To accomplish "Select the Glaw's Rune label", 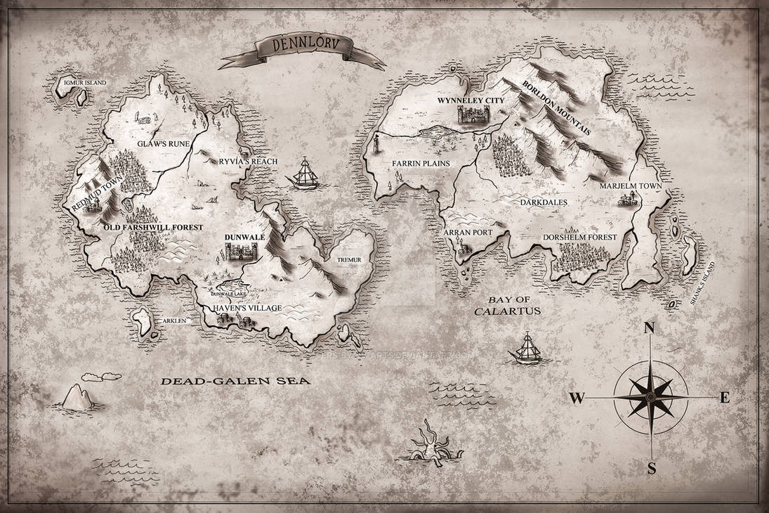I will tap(158, 143).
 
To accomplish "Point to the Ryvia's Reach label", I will tap(248, 162).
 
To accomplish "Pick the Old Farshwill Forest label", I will tap(153, 228).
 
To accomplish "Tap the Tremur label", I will tap(349, 260).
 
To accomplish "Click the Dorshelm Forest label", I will tap(580, 237).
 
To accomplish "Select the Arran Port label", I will tap(468, 231).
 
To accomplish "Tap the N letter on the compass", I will tap(650, 330).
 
